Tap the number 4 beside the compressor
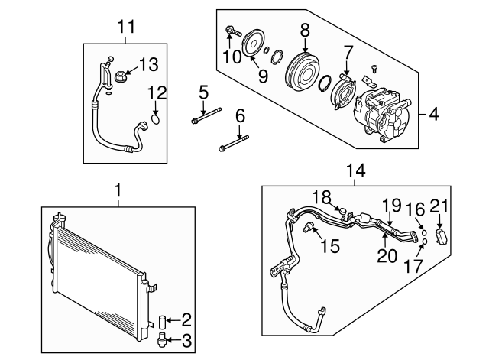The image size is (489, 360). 434,115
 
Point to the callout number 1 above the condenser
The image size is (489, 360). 118,188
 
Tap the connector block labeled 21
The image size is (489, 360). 441,235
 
